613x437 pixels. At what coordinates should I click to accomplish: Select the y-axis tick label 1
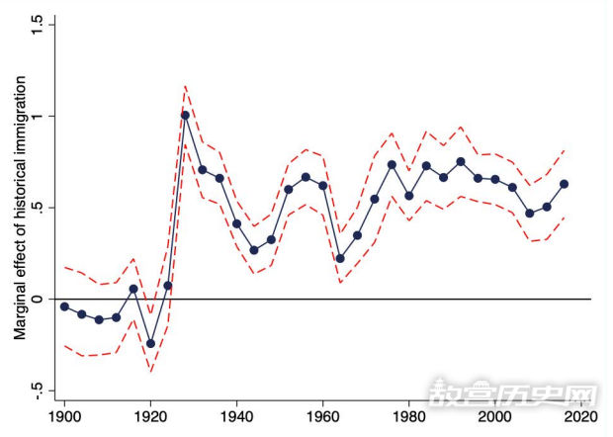pyautogui.click(x=40, y=117)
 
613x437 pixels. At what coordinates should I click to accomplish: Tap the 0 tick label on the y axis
pyautogui.click(x=40, y=299)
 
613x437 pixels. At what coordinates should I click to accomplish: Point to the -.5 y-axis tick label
pyautogui.click(x=40, y=390)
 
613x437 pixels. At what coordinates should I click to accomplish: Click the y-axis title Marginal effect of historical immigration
pyautogui.click(x=19, y=208)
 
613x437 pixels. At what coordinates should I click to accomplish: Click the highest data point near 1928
pyautogui.click(x=185, y=116)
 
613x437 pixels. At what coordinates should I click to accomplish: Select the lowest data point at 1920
pyautogui.click(x=151, y=343)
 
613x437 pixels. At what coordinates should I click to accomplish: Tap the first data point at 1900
pyautogui.click(x=65, y=306)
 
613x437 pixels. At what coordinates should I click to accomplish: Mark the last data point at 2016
pyautogui.click(x=564, y=184)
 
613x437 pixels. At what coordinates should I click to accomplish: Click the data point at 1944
pyautogui.click(x=254, y=250)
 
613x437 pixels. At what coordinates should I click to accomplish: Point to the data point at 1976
pyautogui.click(x=392, y=164)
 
